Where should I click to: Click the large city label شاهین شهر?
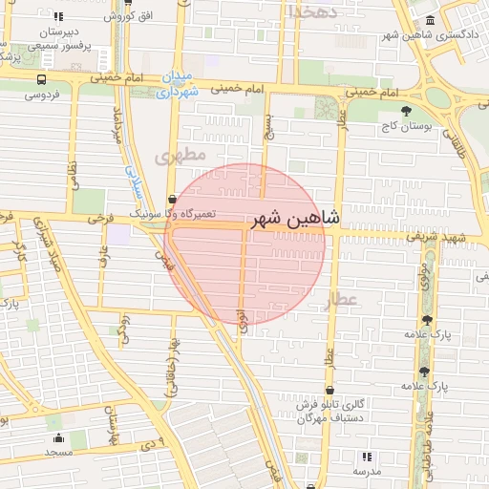pyautogui.click(x=295, y=220)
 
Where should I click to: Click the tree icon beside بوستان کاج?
pyautogui.click(x=407, y=110)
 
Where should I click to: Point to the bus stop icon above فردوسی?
pyautogui.click(x=40, y=80)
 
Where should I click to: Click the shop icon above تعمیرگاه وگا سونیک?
pyautogui.click(x=171, y=200)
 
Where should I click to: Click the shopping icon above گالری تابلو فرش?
pyautogui.click(x=330, y=390)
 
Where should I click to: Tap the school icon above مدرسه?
pyautogui.click(x=367, y=457)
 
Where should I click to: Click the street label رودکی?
pyautogui.click(x=122, y=329)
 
